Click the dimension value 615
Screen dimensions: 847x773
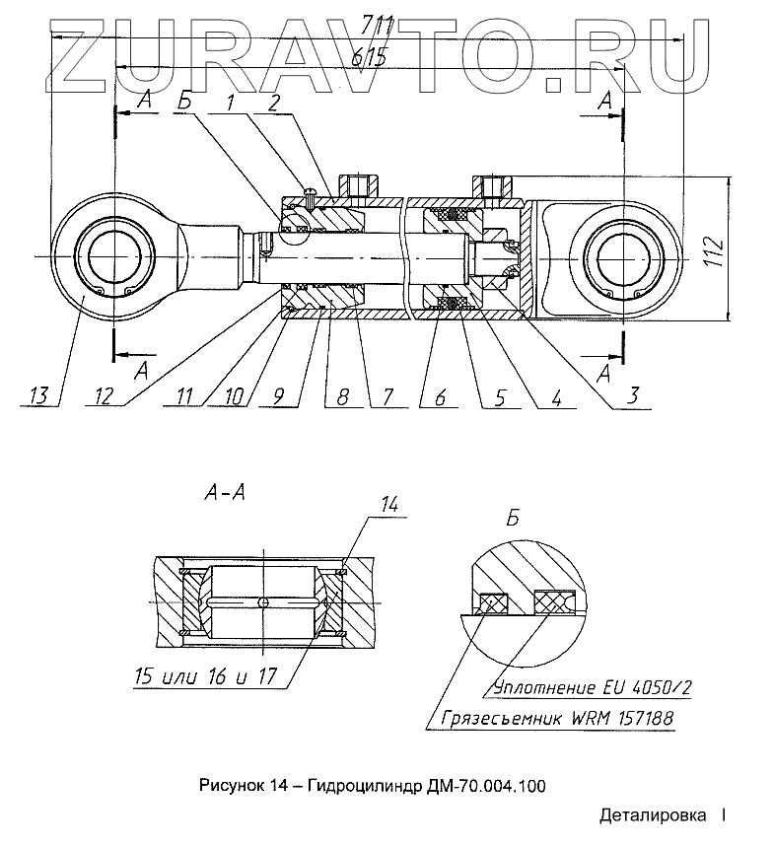[x=370, y=56]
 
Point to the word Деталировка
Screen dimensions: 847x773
[x=652, y=815]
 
